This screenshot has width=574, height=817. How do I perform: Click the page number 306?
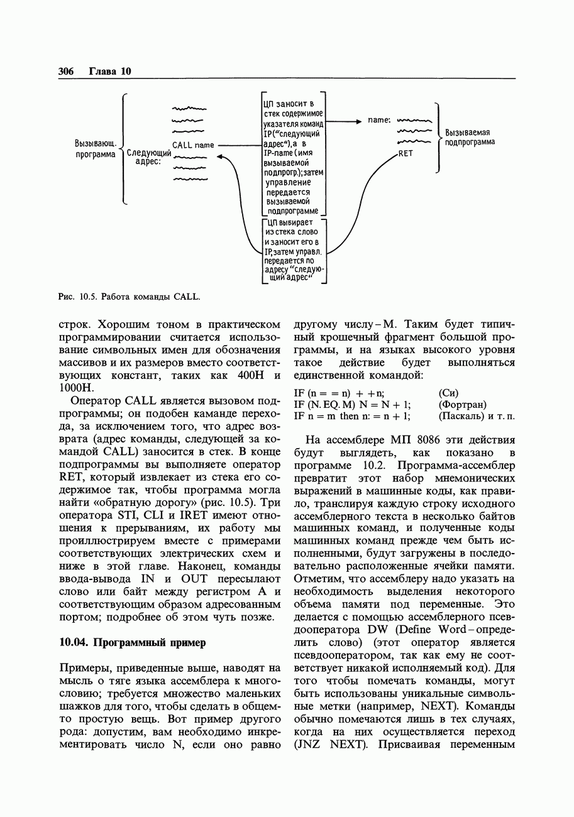pos(66,71)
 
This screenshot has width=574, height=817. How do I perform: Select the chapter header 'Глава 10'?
pos(109,71)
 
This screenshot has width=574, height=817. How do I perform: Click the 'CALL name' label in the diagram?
pos(193,145)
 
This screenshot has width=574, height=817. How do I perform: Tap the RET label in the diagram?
pos(406,153)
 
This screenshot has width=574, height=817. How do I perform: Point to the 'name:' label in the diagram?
pos(379,119)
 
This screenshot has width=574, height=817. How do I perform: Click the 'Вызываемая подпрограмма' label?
pos(469,137)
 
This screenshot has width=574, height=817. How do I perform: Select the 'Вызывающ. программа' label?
pos(95,149)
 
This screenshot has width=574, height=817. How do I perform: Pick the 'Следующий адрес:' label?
pos(149,157)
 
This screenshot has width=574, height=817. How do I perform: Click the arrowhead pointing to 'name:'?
pos(359,120)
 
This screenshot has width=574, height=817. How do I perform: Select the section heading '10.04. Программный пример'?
pos(132,642)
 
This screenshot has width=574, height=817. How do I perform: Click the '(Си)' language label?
pos(450,393)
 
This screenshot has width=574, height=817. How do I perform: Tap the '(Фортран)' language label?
pos(463,404)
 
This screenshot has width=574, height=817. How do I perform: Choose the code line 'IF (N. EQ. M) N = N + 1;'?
pos(352,404)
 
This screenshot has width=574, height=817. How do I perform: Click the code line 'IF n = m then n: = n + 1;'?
pos(352,415)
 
